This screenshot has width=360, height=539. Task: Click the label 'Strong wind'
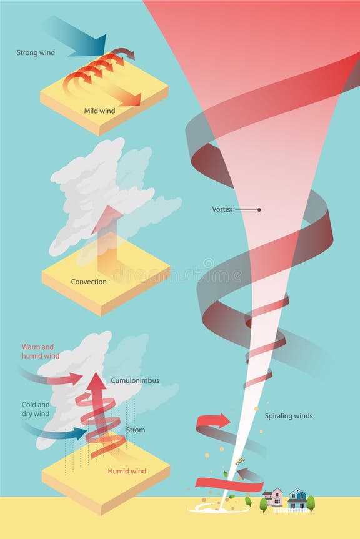pyautogui.click(x=36, y=53)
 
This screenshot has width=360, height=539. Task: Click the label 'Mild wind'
pyautogui.click(x=100, y=111)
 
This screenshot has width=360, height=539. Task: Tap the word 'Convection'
pyautogui.click(x=88, y=282)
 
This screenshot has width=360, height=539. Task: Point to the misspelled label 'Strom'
pyautogui.click(x=135, y=430)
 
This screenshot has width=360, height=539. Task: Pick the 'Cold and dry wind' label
pyautogui.click(x=36, y=409)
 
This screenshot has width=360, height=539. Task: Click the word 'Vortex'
pyautogui.click(x=222, y=210)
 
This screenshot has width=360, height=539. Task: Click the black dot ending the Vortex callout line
pyautogui.click(x=259, y=210)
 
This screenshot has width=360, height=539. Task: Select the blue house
pyautogui.click(x=297, y=498)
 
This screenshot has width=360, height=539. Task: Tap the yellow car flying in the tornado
pyautogui.click(x=239, y=462)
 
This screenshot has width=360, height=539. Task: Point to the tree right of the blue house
pyautogui.click(x=311, y=502)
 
